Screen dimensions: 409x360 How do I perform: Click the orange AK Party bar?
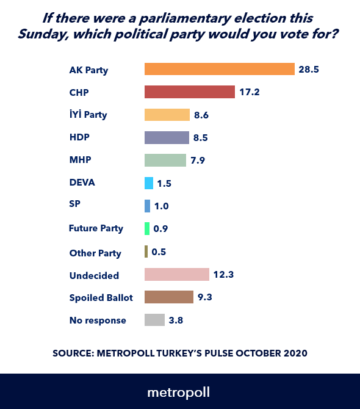pos(219,69)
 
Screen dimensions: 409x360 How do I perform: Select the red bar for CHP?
pos(189,92)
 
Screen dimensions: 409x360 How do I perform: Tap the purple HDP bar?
pos(167,137)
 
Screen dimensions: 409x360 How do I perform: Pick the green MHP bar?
pos(165,160)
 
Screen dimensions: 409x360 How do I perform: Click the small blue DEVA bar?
pos(148,183)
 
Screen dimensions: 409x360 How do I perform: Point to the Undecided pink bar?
pos(176,274)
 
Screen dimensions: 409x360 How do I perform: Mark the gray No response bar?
pos(154,320)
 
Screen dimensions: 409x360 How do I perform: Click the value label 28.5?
pos(309,70)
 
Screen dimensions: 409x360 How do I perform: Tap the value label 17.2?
pos(250,92)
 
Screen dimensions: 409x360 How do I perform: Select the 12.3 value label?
pos(223,275)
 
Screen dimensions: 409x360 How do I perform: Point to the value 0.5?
pos(159,252)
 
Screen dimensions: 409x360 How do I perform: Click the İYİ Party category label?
pos(88,115)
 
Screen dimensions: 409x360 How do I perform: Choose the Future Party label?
pos(96,228)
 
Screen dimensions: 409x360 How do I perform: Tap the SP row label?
pos(74,206)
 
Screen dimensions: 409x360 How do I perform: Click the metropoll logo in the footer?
pos(179,391)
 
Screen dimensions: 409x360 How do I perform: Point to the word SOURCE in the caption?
pos(71,353)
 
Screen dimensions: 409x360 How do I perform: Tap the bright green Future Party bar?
pos(147,228)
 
